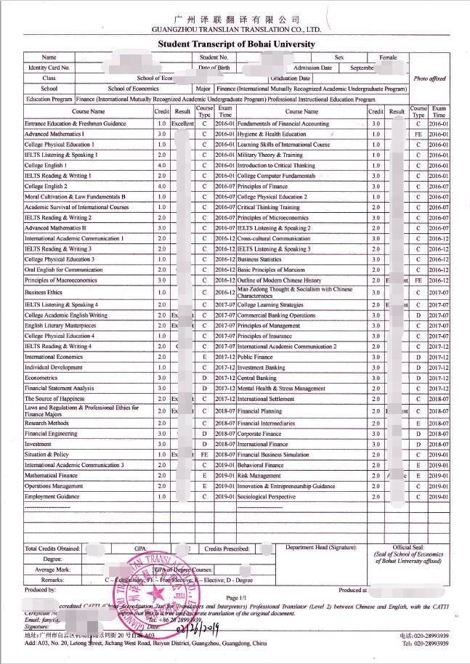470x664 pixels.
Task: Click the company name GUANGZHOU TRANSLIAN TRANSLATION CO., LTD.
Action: tap(236, 30)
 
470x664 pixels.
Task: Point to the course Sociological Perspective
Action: tap(267, 496)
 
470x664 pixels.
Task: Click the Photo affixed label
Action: tap(429, 78)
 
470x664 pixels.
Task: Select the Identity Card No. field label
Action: tap(49, 68)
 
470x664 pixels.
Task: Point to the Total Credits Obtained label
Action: tap(52, 548)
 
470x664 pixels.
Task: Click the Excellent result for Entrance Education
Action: tap(183, 124)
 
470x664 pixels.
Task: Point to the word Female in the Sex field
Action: tap(389, 57)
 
